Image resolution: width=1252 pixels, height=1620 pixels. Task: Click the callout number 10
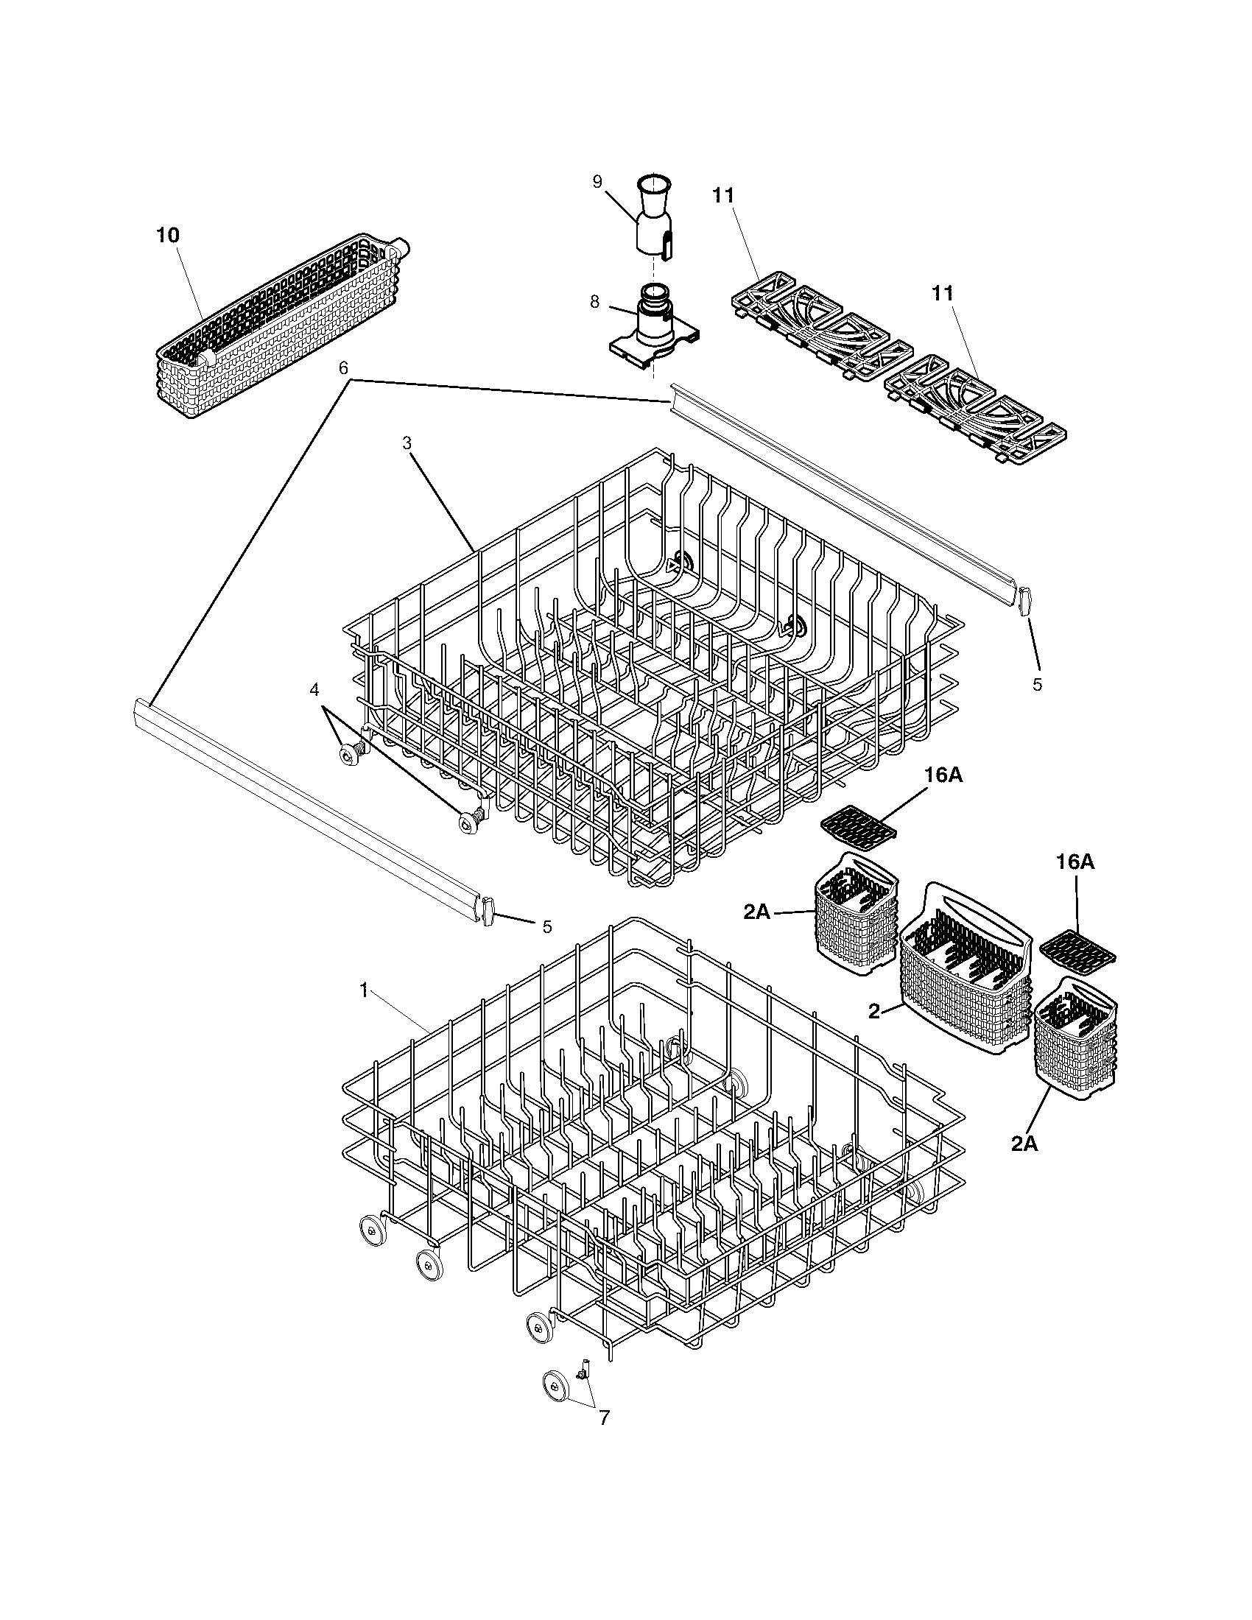(168, 235)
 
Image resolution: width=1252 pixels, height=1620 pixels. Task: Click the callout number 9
(598, 183)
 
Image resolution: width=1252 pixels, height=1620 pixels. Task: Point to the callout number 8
(595, 303)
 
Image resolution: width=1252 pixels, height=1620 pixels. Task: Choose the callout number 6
(342, 368)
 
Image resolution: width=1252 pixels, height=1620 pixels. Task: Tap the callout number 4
(314, 690)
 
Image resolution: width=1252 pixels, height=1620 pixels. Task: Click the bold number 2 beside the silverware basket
(874, 1010)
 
